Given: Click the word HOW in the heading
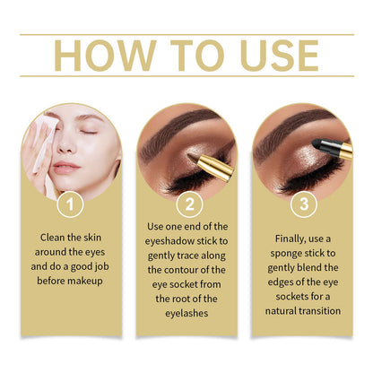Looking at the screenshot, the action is point(105,56).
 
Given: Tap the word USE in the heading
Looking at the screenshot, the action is point(279,56).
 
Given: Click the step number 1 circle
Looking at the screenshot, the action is point(70,204).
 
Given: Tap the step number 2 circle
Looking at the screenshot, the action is point(189,204).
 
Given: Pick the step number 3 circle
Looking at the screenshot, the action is point(304,204).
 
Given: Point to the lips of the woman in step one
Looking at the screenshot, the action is point(65,167).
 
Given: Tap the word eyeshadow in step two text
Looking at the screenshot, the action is point(171,241).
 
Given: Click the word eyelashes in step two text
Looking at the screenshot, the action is point(186,313).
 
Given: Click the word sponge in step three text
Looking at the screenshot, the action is point(286,254).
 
